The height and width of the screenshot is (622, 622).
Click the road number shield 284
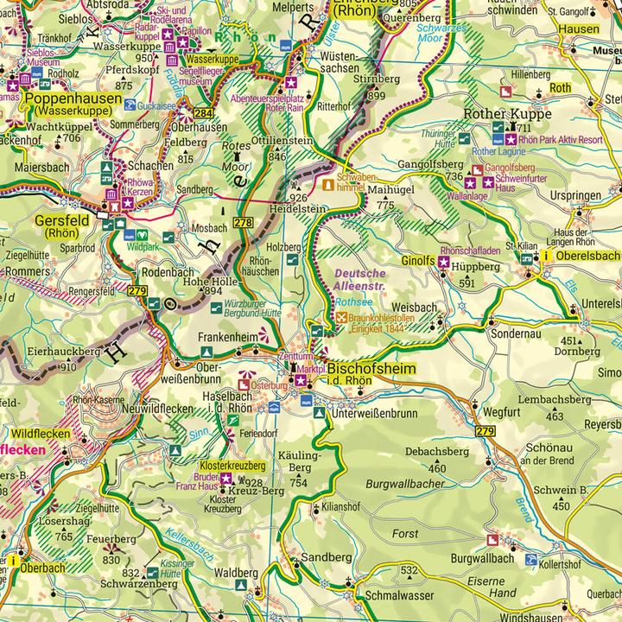coord(204,113)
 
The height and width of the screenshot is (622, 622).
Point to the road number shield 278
coord(243,223)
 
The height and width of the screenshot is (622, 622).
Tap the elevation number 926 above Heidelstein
coord(299,198)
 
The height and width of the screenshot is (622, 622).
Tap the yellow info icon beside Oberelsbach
coord(545,257)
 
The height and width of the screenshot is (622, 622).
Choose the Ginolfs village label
coord(418,260)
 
